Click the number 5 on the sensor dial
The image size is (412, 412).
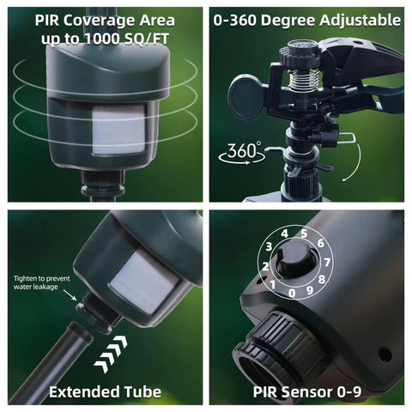click(304, 233)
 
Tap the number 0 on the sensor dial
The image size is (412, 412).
click(292, 294)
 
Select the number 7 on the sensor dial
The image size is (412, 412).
click(327, 262)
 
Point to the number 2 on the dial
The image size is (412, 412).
click(265, 266)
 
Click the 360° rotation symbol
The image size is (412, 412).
click(242, 154)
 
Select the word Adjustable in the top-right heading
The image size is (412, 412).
click(360, 21)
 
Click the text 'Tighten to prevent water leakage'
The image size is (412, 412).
click(42, 282)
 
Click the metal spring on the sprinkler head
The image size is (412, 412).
click(304, 79)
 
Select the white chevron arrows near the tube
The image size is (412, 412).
click(111, 354)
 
